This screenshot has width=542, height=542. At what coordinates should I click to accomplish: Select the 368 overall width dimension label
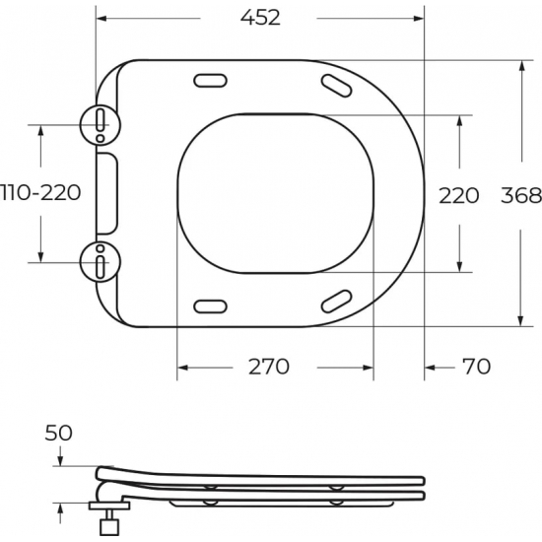[521, 195]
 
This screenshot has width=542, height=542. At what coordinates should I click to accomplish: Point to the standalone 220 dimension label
[458, 195]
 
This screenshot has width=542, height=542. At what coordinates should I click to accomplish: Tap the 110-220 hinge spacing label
[40, 192]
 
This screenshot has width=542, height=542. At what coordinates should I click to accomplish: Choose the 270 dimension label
[268, 367]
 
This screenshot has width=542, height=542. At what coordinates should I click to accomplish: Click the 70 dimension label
[475, 367]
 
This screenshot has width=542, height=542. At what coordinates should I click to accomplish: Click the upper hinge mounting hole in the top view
[101, 122]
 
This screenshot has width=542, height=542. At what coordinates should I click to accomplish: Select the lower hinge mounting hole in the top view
[101, 263]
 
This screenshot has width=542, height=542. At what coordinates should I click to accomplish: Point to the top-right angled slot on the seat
[337, 86]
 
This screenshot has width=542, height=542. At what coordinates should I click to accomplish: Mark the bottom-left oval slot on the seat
[211, 304]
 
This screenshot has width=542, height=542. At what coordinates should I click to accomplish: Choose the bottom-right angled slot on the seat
[337, 299]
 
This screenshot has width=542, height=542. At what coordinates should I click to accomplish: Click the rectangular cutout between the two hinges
[107, 192]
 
